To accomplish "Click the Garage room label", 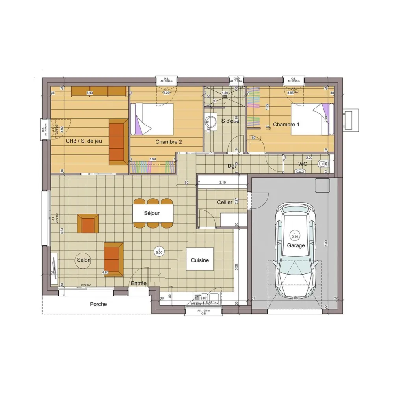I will tap(295, 245).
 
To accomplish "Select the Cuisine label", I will tap(200, 260).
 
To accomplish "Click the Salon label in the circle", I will tap(84, 260).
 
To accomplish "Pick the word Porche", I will tap(98, 304).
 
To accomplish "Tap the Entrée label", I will tap(139, 283).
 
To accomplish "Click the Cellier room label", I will tap(225, 202).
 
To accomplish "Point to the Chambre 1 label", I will tap(286, 125).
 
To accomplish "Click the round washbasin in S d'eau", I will tap(211, 120).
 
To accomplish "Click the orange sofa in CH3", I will tap(118, 141).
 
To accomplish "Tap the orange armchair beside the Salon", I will tap(88, 223).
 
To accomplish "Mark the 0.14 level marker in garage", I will tap(294, 236).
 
